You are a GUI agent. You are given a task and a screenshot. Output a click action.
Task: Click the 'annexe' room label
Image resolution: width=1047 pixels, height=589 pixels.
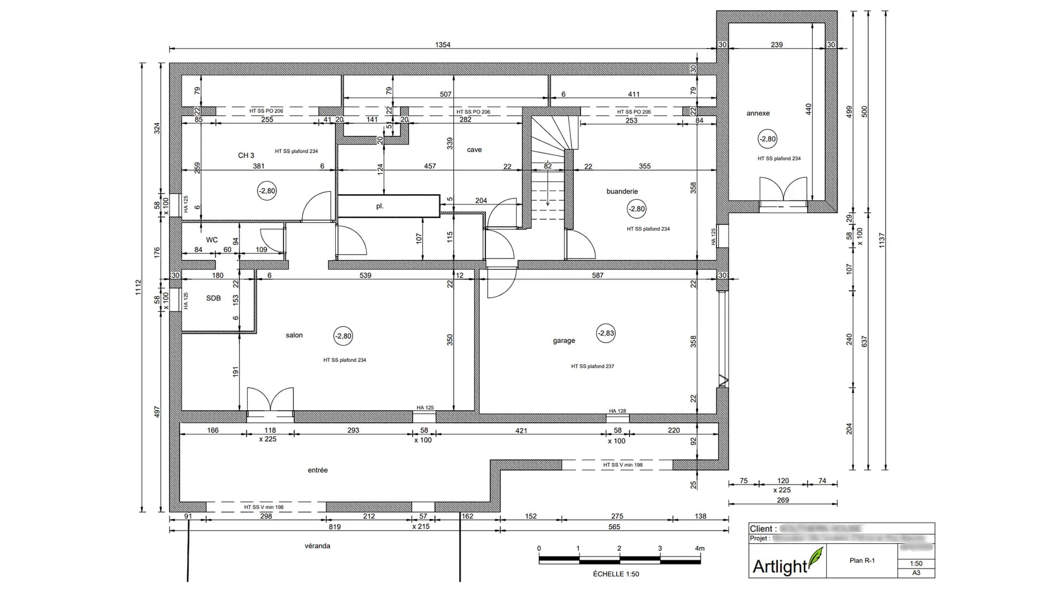pyautogui.click(x=758, y=113)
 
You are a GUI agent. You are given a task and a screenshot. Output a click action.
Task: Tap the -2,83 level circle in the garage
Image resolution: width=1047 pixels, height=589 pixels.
pyautogui.click(x=606, y=333)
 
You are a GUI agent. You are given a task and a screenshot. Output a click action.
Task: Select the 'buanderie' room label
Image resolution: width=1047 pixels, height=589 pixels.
pyautogui.click(x=622, y=191)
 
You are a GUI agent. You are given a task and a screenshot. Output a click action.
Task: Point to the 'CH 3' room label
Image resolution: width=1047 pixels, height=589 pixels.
pyautogui.click(x=246, y=155)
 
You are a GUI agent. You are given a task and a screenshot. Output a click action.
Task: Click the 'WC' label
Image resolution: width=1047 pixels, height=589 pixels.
pyautogui.click(x=212, y=240)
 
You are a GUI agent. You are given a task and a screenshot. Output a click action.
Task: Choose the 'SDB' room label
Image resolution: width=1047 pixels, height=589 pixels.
pyautogui.click(x=213, y=298)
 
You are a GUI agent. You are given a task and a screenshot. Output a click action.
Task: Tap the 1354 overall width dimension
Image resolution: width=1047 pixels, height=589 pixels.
pyautogui.click(x=442, y=45)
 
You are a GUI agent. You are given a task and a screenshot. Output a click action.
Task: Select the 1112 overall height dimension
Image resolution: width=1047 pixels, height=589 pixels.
pyautogui.click(x=138, y=287)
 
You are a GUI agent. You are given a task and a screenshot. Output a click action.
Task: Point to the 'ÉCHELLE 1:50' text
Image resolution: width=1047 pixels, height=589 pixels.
pyautogui.click(x=616, y=574)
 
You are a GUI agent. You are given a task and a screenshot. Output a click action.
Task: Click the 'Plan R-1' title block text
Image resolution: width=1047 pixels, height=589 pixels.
pyautogui.click(x=862, y=560)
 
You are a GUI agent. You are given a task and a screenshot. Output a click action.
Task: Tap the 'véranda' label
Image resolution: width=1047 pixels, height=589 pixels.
pyautogui.click(x=317, y=546)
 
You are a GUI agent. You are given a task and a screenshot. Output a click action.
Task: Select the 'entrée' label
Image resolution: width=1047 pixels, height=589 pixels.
pyautogui.click(x=317, y=470)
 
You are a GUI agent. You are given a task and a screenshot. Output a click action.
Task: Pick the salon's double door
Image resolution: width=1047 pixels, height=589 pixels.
pyautogui.click(x=270, y=401)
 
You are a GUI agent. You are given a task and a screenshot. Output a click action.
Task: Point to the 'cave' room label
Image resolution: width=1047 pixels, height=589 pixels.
pyautogui.click(x=474, y=150)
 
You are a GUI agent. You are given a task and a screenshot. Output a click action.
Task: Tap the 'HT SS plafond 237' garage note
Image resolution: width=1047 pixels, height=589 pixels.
pyautogui.click(x=592, y=366)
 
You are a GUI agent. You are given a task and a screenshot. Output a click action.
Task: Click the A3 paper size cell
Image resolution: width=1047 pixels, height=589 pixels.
pyautogui.click(x=916, y=573)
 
